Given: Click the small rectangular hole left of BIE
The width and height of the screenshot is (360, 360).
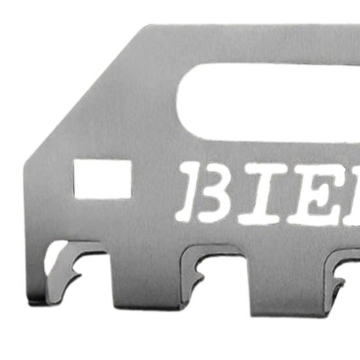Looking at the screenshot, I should (x=102, y=178).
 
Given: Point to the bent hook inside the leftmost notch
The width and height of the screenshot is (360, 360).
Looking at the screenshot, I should (x=65, y=261).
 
